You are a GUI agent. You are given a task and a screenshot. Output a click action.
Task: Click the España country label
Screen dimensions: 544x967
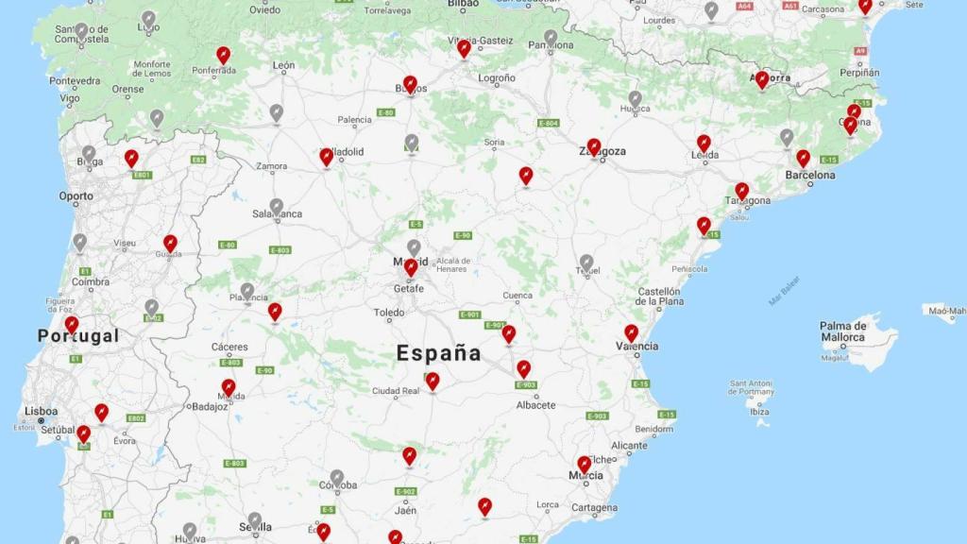click(438, 353)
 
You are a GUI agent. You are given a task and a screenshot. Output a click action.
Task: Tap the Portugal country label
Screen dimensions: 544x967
click(78, 336)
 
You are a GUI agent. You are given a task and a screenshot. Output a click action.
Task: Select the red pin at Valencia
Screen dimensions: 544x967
click(631, 333)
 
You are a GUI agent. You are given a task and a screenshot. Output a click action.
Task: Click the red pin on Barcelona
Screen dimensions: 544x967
click(803, 158)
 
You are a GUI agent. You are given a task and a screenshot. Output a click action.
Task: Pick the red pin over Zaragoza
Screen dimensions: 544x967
click(593, 146)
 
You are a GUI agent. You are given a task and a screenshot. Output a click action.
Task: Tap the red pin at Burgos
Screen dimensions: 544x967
click(410, 84)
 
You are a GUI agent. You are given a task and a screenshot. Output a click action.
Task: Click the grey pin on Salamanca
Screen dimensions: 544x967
click(277, 206)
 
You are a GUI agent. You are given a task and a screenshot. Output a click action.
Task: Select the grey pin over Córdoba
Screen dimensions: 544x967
click(337, 478)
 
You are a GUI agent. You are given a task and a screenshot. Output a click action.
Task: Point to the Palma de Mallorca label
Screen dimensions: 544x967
click(842, 331)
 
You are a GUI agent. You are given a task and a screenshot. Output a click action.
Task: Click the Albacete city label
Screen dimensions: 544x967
click(535, 405)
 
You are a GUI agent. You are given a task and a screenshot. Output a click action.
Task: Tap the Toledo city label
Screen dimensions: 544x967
click(389, 313)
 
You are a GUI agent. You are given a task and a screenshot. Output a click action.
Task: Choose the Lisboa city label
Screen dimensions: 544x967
click(42, 411)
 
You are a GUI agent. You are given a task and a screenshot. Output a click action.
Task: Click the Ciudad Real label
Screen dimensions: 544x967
click(396, 391)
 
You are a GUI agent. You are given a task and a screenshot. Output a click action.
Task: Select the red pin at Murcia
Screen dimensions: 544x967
click(585, 465)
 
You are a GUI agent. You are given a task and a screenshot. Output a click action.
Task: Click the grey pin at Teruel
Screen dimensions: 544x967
click(586, 262)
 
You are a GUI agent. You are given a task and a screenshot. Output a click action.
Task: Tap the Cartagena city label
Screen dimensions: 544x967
click(594, 507)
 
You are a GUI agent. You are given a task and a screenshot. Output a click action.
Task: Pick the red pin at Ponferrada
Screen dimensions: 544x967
click(223, 55)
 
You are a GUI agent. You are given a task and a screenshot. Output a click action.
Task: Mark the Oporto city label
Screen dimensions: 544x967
click(76, 196)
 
